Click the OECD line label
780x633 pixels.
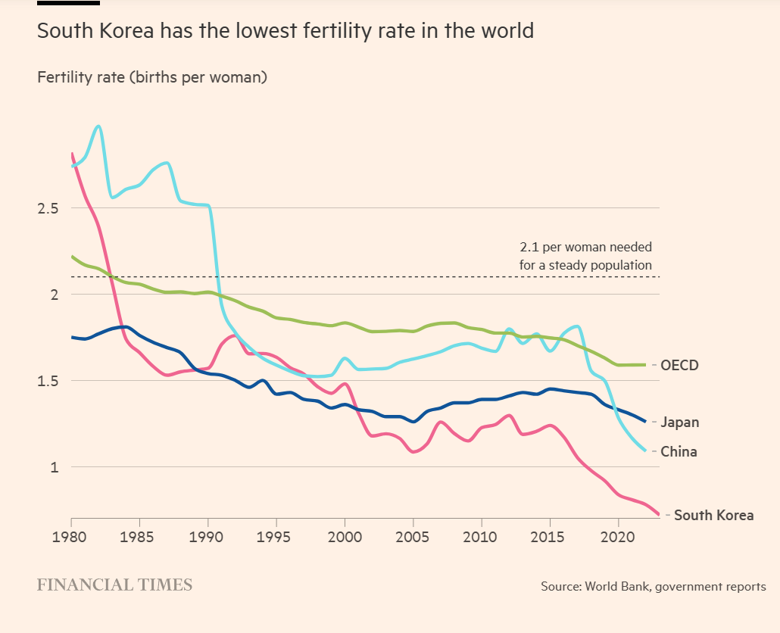(x=679, y=365)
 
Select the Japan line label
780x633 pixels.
(x=679, y=423)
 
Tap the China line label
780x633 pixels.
(x=679, y=452)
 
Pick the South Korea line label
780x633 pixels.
(x=713, y=516)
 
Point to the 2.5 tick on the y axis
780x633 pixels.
(x=48, y=208)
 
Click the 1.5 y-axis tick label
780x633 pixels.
(x=48, y=381)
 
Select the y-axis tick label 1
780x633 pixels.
(x=54, y=467)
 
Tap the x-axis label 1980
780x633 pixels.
(x=71, y=536)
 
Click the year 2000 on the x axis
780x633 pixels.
(x=345, y=536)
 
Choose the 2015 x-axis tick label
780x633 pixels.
(x=550, y=536)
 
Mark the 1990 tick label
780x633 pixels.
(x=208, y=536)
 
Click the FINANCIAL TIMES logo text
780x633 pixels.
(x=114, y=585)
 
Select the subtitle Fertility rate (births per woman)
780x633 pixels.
(x=151, y=77)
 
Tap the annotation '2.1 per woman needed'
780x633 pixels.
(x=585, y=248)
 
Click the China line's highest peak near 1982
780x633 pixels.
(x=98, y=126)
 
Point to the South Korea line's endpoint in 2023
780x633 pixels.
(x=659, y=515)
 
